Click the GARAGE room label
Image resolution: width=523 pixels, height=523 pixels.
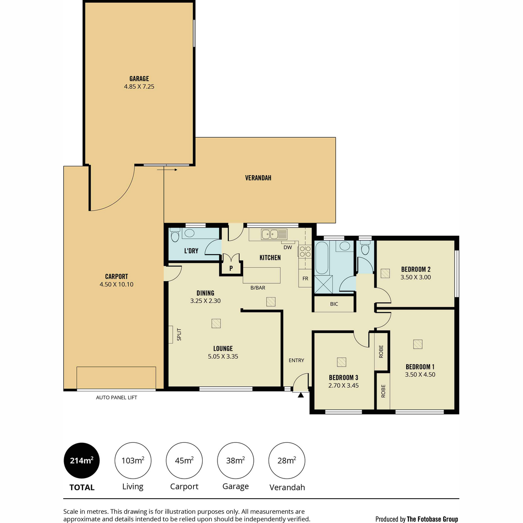[139, 79]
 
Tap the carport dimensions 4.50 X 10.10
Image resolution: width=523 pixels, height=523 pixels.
[116, 285]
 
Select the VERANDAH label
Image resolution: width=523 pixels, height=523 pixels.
[258, 178]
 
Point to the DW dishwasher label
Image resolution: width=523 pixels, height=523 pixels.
[288, 247]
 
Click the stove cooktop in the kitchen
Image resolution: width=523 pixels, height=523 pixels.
[305, 251]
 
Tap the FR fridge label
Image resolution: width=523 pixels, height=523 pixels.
[306, 278]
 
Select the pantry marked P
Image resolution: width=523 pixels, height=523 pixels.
[231, 268]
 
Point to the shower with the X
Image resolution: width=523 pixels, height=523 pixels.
[323, 285]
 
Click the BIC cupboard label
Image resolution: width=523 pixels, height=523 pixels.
[334, 304]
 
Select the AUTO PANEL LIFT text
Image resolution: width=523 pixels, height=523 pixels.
[116, 397]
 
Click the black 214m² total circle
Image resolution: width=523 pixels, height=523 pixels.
[82, 461]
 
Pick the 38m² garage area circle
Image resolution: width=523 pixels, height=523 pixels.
[235, 461]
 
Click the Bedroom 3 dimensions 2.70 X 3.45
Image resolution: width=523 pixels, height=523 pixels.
[343, 385]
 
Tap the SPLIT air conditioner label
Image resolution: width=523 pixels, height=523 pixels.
[179, 334]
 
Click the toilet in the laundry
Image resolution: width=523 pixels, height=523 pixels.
[175, 235]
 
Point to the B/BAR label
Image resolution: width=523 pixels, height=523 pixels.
[258, 288]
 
